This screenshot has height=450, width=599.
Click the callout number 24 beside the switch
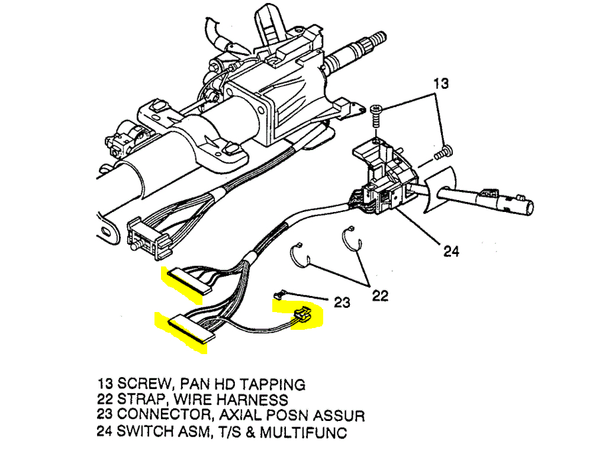pyautogui.click(x=451, y=251)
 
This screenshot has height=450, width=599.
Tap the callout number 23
pyautogui.click(x=342, y=303)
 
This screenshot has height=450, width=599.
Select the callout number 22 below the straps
pyautogui.click(x=380, y=295)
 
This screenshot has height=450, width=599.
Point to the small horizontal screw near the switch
pyautogui.click(x=441, y=153)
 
